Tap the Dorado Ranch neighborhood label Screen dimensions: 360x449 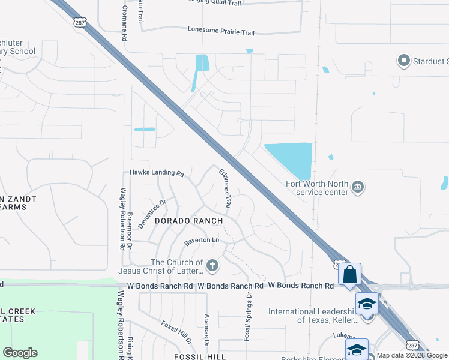[x=188, y=221]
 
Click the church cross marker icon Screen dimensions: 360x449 [x=212, y=265]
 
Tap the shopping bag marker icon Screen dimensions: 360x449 [x=349, y=275]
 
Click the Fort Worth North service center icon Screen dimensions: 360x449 [x=357, y=187]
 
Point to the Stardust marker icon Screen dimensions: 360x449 [x=403, y=61]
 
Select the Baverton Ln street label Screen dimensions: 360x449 [x=202, y=241]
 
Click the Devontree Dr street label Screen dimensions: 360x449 [x=151, y=212]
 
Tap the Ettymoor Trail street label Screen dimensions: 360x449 [x=225, y=188]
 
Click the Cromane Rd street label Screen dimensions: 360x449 [x=124, y=20]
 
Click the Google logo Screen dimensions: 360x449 [x=20, y=353]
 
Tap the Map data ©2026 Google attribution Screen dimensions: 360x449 [x=411, y=356]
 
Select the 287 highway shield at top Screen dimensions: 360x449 [x=79, y=22]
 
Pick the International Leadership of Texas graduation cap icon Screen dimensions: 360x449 [x=367, y=303]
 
